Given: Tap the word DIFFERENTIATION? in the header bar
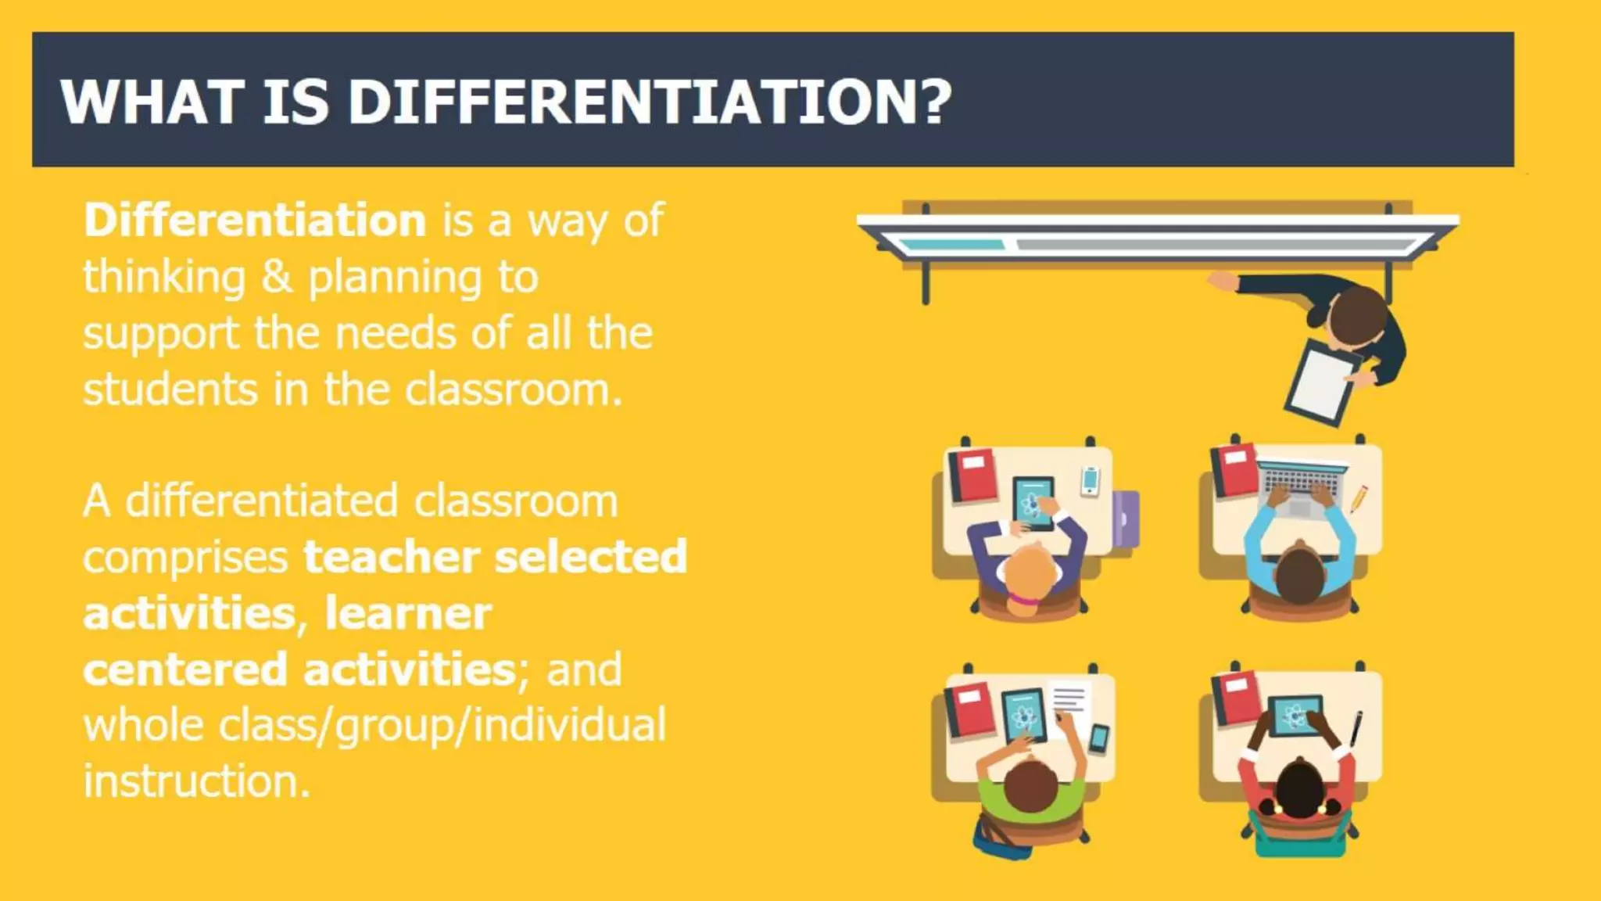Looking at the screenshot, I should pos(649,102).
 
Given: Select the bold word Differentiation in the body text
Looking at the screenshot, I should pos(255,221).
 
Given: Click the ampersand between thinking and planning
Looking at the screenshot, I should pos(277,277).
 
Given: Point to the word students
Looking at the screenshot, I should pos(170,389).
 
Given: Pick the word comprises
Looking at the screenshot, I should pos(185,558).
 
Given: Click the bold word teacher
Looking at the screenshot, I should pos(391,557).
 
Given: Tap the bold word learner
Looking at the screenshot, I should pos(408,613).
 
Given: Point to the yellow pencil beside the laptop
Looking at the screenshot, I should pos(1359,498).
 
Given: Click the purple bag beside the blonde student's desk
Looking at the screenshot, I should pos(1126,517).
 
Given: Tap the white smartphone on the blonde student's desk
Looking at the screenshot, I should pos(1090,480).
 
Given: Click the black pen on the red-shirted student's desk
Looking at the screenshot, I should pos(1356,727).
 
